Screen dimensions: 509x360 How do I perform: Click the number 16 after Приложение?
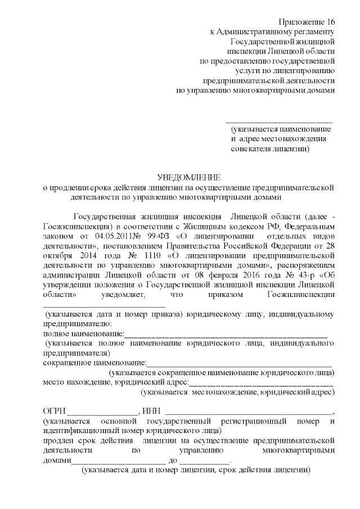click(330, 21)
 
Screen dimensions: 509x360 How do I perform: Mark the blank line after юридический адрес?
click(261, 383)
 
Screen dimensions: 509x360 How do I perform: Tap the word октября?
click(57, 256)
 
